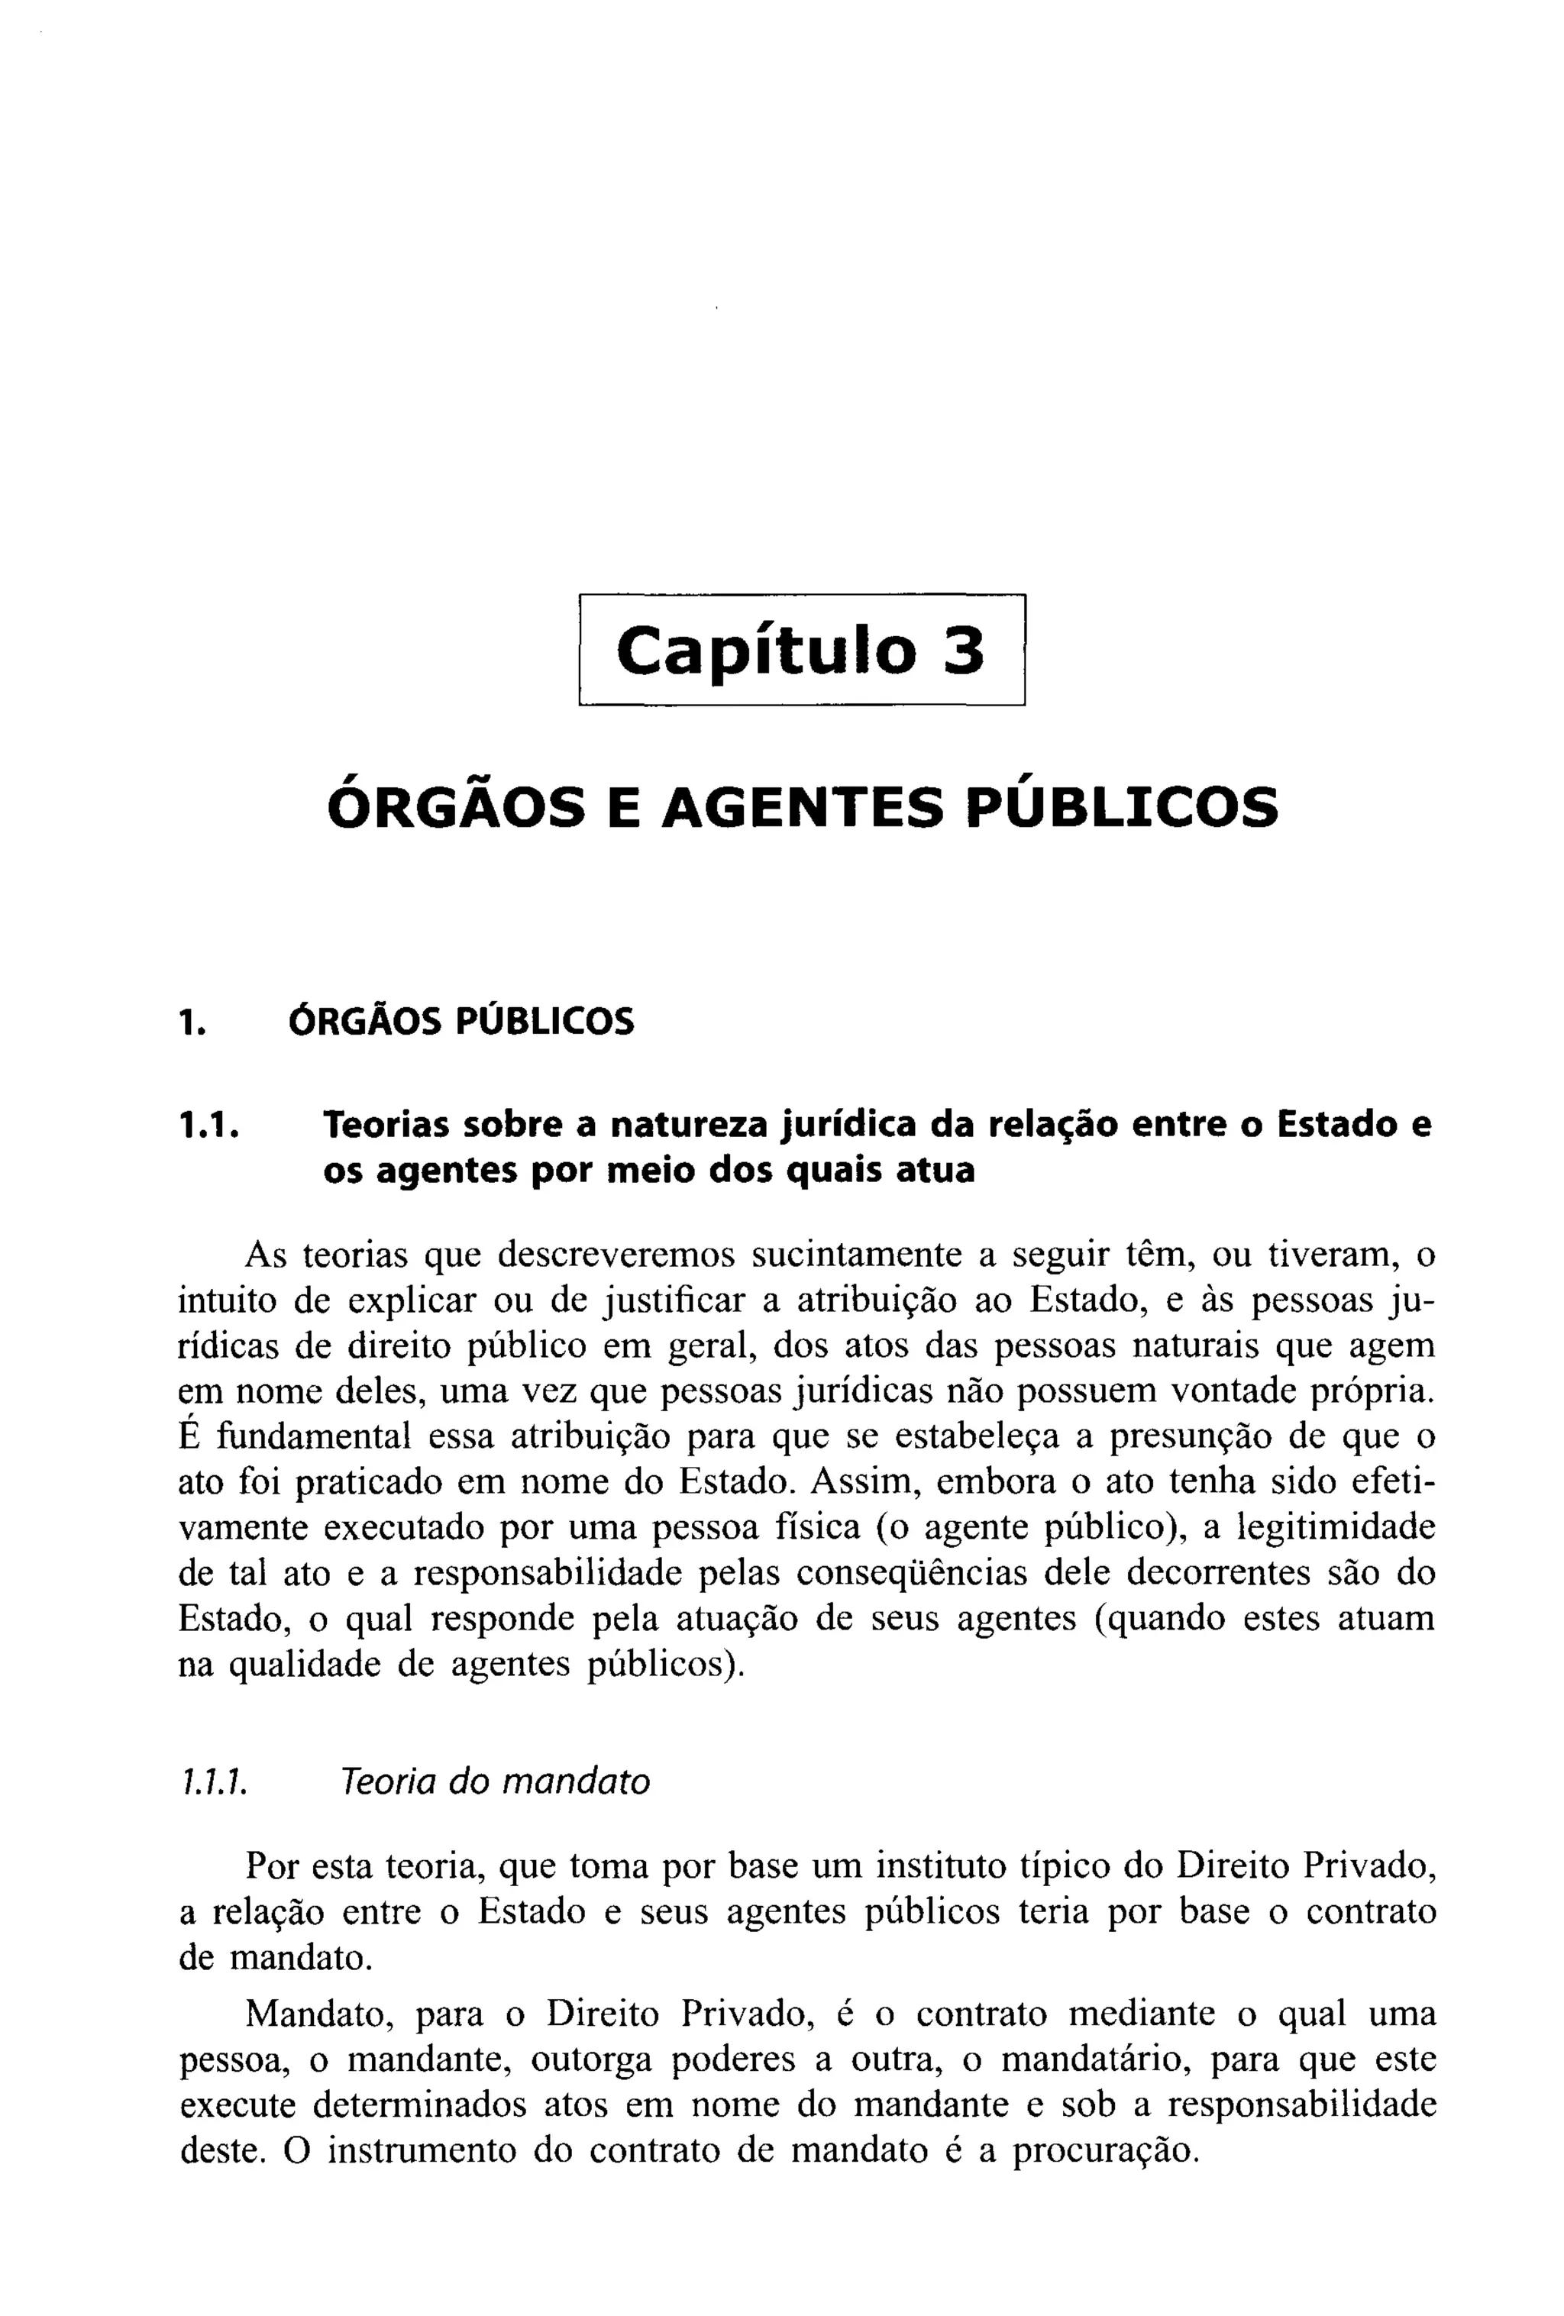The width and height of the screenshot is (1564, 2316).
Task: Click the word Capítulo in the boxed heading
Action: tap(764, 652)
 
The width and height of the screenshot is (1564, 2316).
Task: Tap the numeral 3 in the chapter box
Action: tap(962, 652)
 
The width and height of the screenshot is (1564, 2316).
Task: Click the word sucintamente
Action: tap(856, 1255)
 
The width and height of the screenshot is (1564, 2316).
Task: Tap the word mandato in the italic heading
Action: tap(575, 1781)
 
